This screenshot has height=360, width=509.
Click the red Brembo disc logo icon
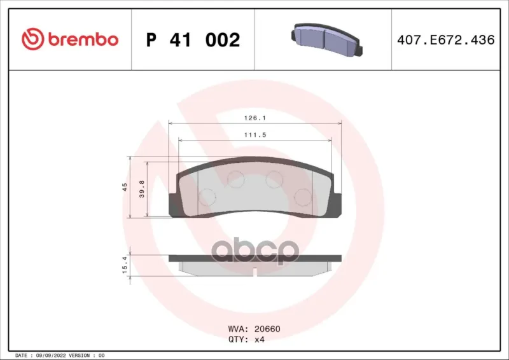coord(33,39)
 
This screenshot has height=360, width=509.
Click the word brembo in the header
coord(83,39)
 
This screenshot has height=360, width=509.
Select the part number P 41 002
coord(193,40)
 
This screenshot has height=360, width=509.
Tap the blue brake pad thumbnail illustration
coord(326,39)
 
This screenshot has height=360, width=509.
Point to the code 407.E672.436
coord(446,40)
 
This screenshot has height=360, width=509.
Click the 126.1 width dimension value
coord(255,118)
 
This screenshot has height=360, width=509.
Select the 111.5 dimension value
coord(255,135)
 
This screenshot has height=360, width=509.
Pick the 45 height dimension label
coord(125,187)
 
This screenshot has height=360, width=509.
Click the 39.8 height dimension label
coord(142,190)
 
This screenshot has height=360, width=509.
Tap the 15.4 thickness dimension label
coord(125,264)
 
